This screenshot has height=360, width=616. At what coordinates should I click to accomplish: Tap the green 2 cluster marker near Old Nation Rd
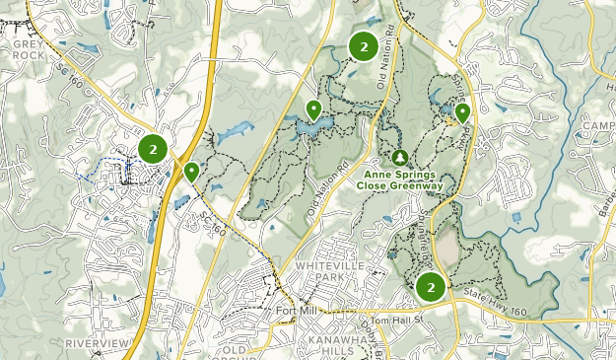click(364, 45)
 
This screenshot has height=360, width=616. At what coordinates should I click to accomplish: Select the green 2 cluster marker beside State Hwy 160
click(430, 287)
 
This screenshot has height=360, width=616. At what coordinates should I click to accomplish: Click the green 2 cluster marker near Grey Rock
click(153, 149)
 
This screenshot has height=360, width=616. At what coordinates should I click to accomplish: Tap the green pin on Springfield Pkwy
click(462, 112)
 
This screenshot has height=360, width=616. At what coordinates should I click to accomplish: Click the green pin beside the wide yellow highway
click(191, 172)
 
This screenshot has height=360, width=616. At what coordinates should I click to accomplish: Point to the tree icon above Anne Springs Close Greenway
click(400, 157)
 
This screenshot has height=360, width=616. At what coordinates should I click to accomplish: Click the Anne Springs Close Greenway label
click(400, 179)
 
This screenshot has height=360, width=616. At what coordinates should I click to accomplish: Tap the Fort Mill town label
click(295, 313)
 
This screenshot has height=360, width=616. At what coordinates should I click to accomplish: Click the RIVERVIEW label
click(97, 342)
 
